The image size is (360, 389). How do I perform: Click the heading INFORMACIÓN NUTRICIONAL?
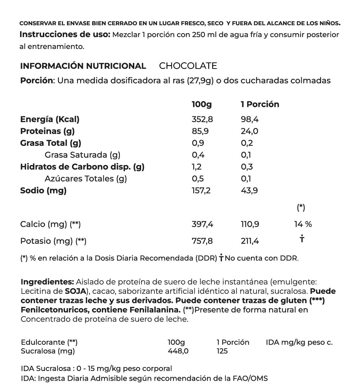click(83, 66)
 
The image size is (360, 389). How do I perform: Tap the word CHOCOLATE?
click(188, 66)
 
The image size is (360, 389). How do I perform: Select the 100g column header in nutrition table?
click(202, 104)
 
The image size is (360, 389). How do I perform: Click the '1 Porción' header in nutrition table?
click(260, 104)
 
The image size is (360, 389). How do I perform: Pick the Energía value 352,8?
click(202, 119)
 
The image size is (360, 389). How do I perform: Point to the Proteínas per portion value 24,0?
click(249, 131)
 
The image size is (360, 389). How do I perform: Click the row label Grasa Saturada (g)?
click(82, 155)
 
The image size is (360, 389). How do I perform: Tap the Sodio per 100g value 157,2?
click(201, 191)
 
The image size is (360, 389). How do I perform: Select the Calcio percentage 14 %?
click(303, 224)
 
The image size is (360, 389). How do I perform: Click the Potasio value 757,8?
click(202, 241)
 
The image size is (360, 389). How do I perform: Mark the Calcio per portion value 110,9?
click(250, 224)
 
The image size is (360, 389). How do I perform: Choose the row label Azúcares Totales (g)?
click(86, 179)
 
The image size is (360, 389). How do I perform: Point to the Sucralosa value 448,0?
click(178, 351)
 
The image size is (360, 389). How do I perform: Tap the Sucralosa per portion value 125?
click(222, 351)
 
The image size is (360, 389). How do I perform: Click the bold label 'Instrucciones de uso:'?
click(65, 35)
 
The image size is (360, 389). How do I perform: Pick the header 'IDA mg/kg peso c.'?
click(299, 342)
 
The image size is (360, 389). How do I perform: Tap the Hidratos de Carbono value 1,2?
click(197, 167)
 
